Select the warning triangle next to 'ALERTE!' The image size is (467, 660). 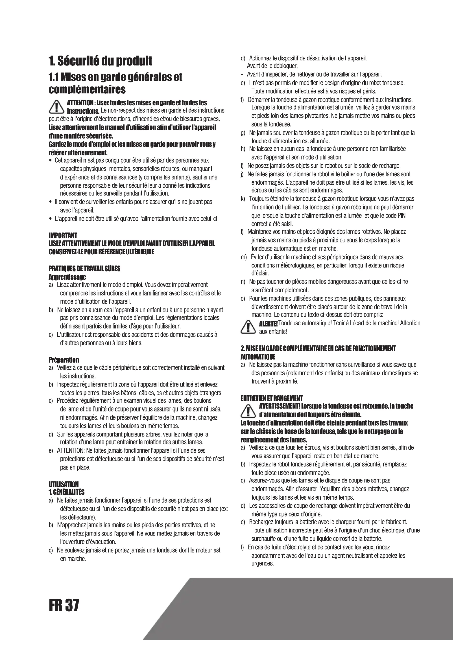point(248,327)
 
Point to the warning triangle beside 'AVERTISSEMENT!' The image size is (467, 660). point(248,410)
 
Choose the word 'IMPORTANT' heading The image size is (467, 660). point(63,235)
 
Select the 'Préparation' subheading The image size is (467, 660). point(64,359)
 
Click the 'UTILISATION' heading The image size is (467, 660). point(64,484)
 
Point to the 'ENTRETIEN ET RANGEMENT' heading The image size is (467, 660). point(271,398)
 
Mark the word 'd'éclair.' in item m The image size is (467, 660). point(260,273)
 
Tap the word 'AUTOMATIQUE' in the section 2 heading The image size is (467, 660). point(258,357)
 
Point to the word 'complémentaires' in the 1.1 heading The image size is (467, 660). point(87,89)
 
